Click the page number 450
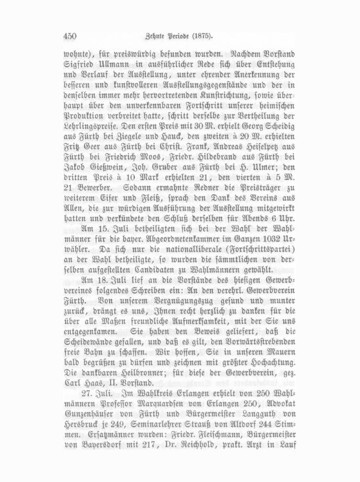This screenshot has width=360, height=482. pos(70,36)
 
